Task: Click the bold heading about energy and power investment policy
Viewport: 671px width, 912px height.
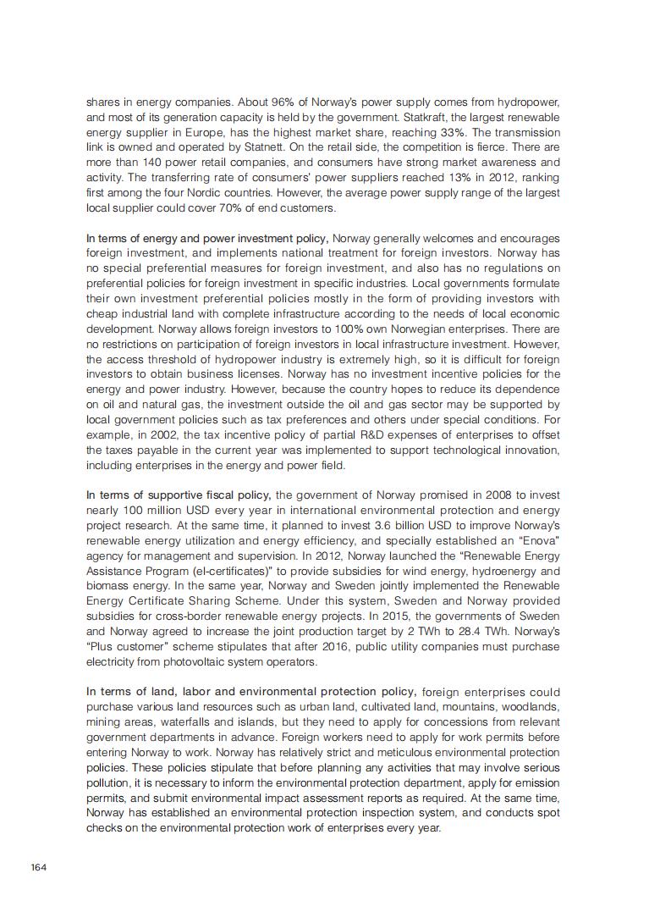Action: click(207, 238)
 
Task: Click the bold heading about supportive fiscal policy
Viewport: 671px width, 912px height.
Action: click(179, 495)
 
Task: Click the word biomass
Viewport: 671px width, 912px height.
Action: click(106, 586)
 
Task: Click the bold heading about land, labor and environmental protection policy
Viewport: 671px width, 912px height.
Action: click(250, 692)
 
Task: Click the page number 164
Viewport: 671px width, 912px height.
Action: click(40, 868)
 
